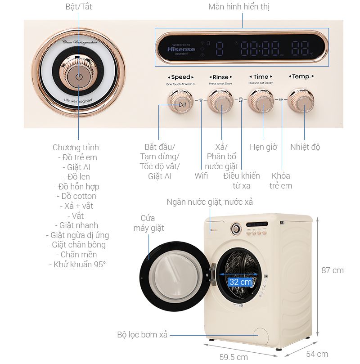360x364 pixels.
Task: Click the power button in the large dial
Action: [x=79, y=77]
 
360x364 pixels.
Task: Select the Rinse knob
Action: [x=220, y=102]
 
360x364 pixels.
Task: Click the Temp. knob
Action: [x=301, y=102]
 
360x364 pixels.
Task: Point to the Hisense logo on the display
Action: [x=181, y=49]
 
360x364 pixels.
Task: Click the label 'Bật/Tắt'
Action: [x=79, y=7]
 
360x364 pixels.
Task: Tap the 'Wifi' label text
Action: [x=201, y=175]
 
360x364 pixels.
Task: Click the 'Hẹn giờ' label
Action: [x=263, y=147]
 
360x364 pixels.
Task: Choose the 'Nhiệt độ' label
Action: [x=305, y=147]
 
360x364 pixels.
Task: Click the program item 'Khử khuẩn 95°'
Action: [x=77, y=264]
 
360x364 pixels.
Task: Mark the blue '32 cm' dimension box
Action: [x=240, y=282]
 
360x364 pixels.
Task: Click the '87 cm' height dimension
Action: [x=332, y=270]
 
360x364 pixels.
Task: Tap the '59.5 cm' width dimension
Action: [x=234, y=357]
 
